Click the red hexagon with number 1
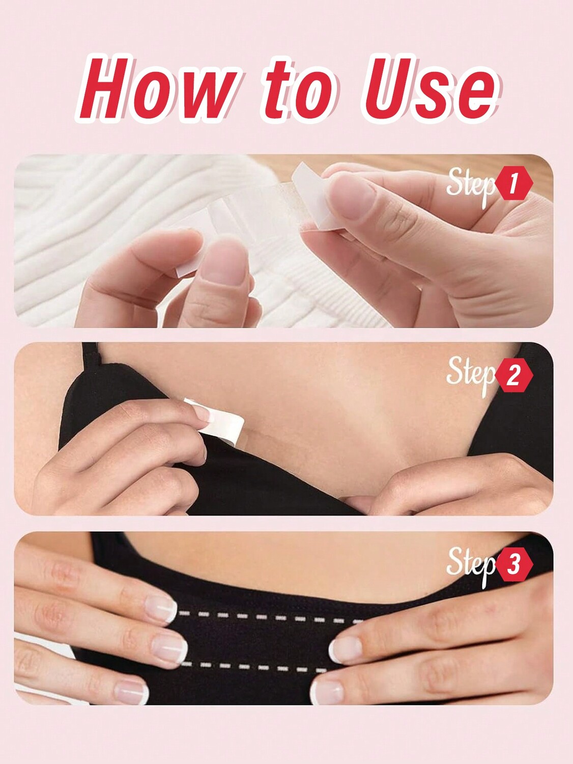click(513, 184)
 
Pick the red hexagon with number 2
click(513, 375)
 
